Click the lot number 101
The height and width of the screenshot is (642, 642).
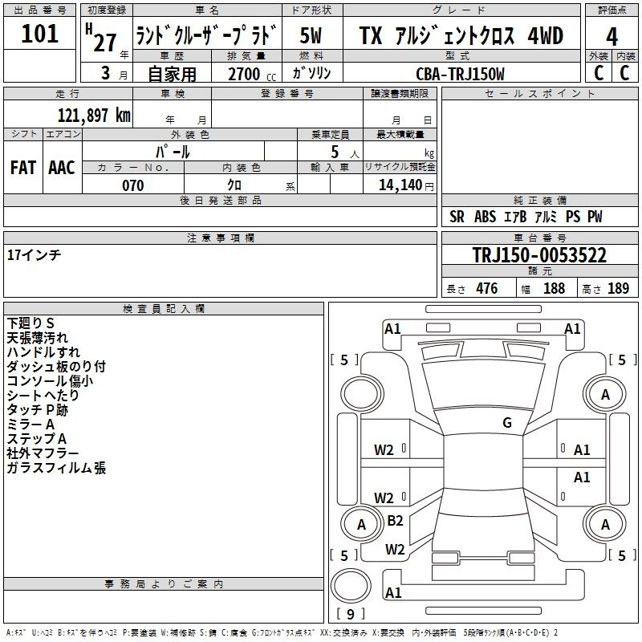[x=39, y=34]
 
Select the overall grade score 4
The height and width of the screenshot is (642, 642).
[x=612, y=37]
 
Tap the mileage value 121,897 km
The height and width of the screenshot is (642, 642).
[x=94, y=116]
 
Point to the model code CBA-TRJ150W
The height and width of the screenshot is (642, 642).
[x=460, y=74]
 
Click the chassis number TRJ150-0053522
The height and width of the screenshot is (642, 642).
[x=539, y=255]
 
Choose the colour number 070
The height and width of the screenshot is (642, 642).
[x=133, y=185]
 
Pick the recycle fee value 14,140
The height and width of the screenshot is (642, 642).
[x=400, y=185]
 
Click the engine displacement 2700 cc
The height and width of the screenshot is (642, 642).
[x=252, y=74]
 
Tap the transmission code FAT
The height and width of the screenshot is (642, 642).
[x=23, y=168]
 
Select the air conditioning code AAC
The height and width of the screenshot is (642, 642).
[x=62, y=168]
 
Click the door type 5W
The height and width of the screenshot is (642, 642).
[x=311, y=35]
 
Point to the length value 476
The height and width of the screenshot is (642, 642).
[x=487, y=288]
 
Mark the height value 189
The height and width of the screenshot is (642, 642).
[x=618, y=288]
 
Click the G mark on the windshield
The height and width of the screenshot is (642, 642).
[x=507, y=423]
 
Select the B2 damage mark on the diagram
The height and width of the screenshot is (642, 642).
[x=395, y=520]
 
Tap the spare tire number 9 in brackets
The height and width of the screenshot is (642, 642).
[x=351, y=614]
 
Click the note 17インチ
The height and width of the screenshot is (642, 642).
[x=34, y=255]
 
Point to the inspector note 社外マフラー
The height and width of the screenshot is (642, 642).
[x=43, y=453]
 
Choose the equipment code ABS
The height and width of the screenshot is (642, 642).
[x=485, y=217]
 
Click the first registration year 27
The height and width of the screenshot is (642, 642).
[x=105, y=43]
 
